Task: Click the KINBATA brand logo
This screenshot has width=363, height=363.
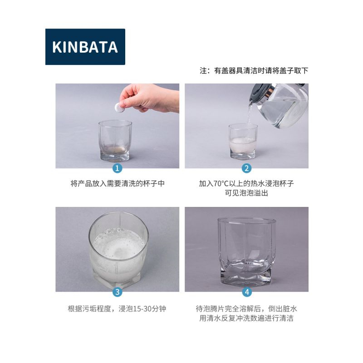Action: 85,47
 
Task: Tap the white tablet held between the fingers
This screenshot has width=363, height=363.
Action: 119,108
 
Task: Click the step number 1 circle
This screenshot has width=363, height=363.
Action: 117,168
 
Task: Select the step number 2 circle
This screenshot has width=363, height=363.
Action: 246,168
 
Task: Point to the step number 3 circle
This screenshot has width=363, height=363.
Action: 118,292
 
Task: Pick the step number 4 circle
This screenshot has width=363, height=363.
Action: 247,292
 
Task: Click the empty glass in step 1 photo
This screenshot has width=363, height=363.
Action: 115,141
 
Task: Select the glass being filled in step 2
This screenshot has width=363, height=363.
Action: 243,142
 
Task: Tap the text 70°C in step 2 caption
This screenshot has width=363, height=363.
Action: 221,184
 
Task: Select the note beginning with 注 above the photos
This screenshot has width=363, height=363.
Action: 254,71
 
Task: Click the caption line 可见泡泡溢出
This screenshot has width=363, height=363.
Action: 246,193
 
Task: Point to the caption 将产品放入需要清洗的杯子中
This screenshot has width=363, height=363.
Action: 118,184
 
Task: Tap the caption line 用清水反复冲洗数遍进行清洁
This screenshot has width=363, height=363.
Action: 246,318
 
